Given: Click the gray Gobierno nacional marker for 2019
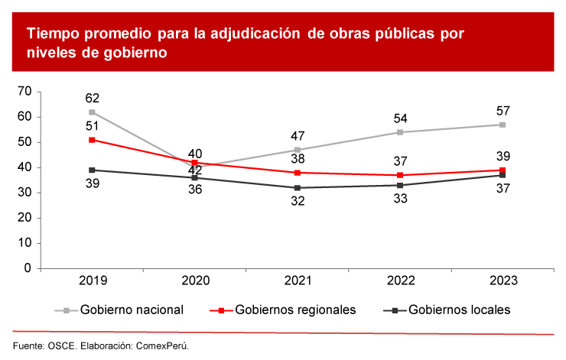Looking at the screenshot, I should click(x=92, y=112).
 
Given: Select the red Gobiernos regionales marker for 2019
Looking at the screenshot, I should click(x=92, y=140).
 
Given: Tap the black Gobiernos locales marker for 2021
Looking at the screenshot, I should click(x=297, y=188).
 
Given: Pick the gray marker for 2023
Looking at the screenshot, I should click(x=503, y=125).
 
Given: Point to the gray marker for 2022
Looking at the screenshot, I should click(x=399, y=132).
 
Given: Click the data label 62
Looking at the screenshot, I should click(x=93, y=98).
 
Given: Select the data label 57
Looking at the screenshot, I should click(x=503, y=110).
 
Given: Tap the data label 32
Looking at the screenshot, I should click(x=297, y=203).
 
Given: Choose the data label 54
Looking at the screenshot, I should click(x=399, y=118).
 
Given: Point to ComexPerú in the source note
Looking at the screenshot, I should click(x=160, y=345).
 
